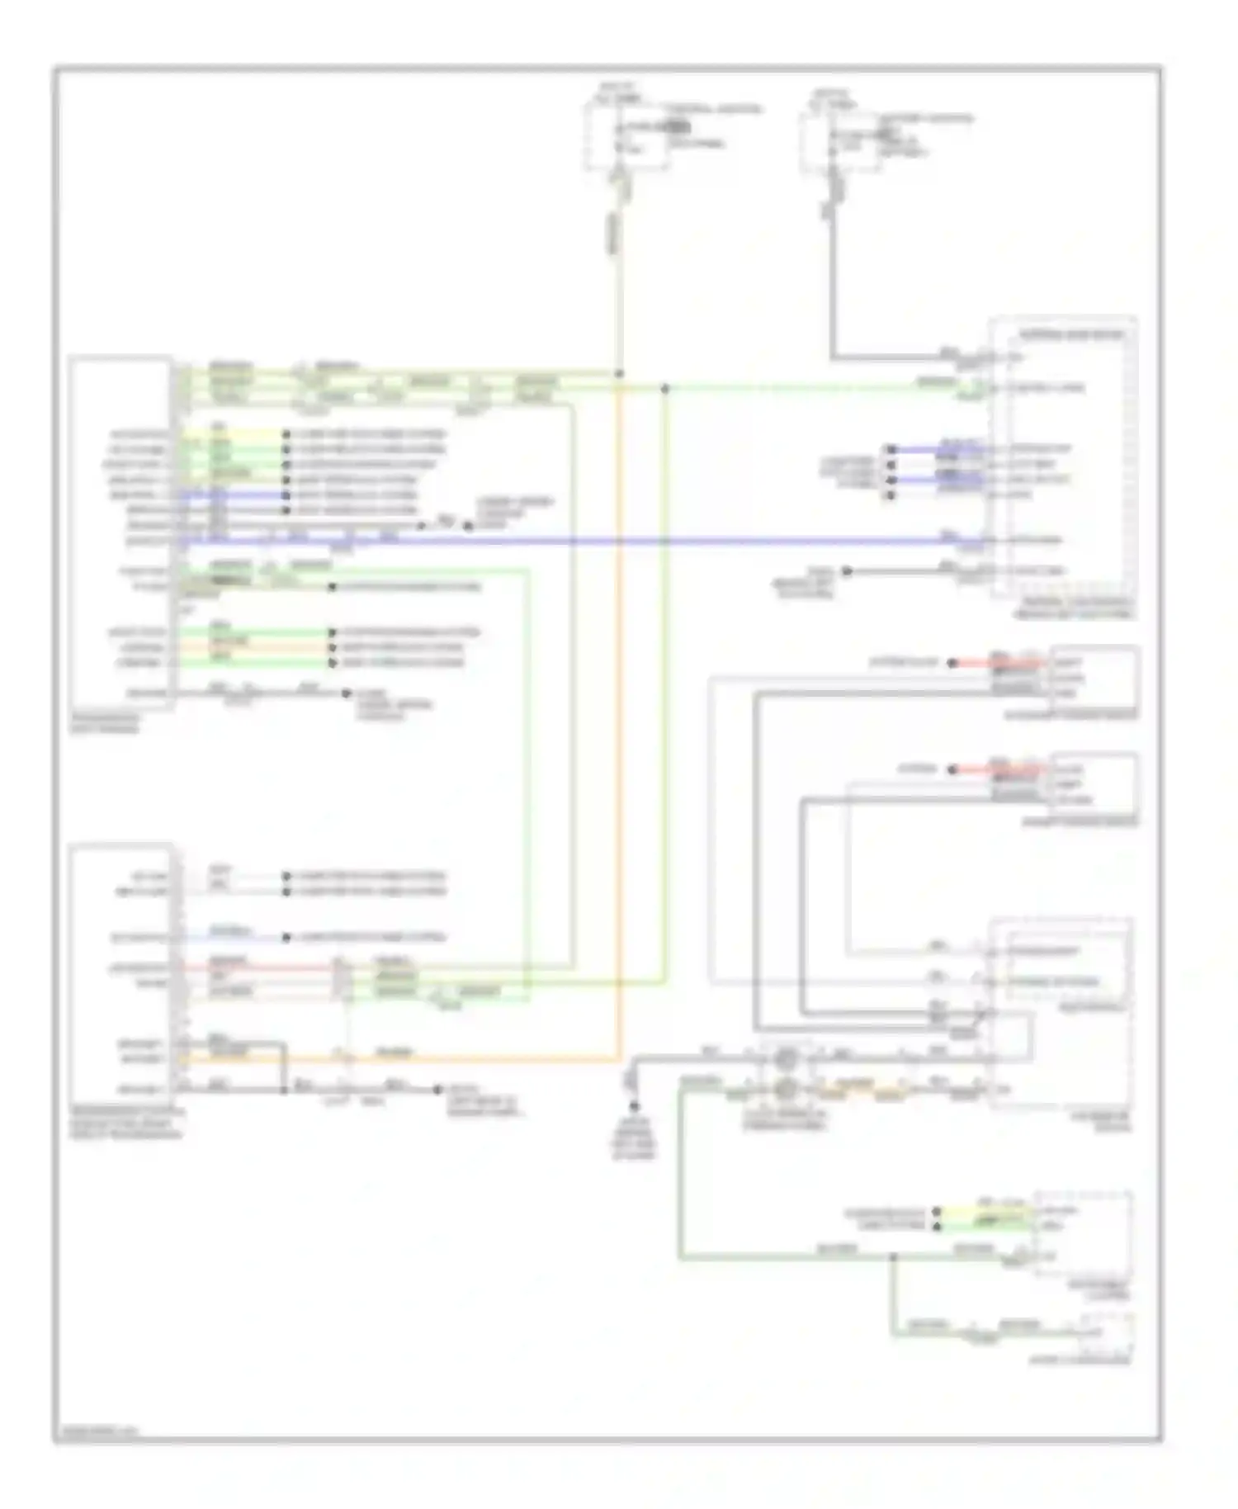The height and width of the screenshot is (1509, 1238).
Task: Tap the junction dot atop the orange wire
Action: pos(619,374)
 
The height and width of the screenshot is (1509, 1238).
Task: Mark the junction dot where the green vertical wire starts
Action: pos(665,388)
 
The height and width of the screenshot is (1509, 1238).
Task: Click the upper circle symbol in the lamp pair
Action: pos(787,1057)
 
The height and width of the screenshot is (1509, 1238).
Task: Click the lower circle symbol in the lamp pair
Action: pos(787,1090)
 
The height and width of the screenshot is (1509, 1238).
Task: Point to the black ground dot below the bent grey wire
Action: pos(634,1105)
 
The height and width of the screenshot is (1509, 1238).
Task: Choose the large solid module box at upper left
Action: pos(121,532)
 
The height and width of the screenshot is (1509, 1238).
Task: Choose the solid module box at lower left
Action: pos(121,974)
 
